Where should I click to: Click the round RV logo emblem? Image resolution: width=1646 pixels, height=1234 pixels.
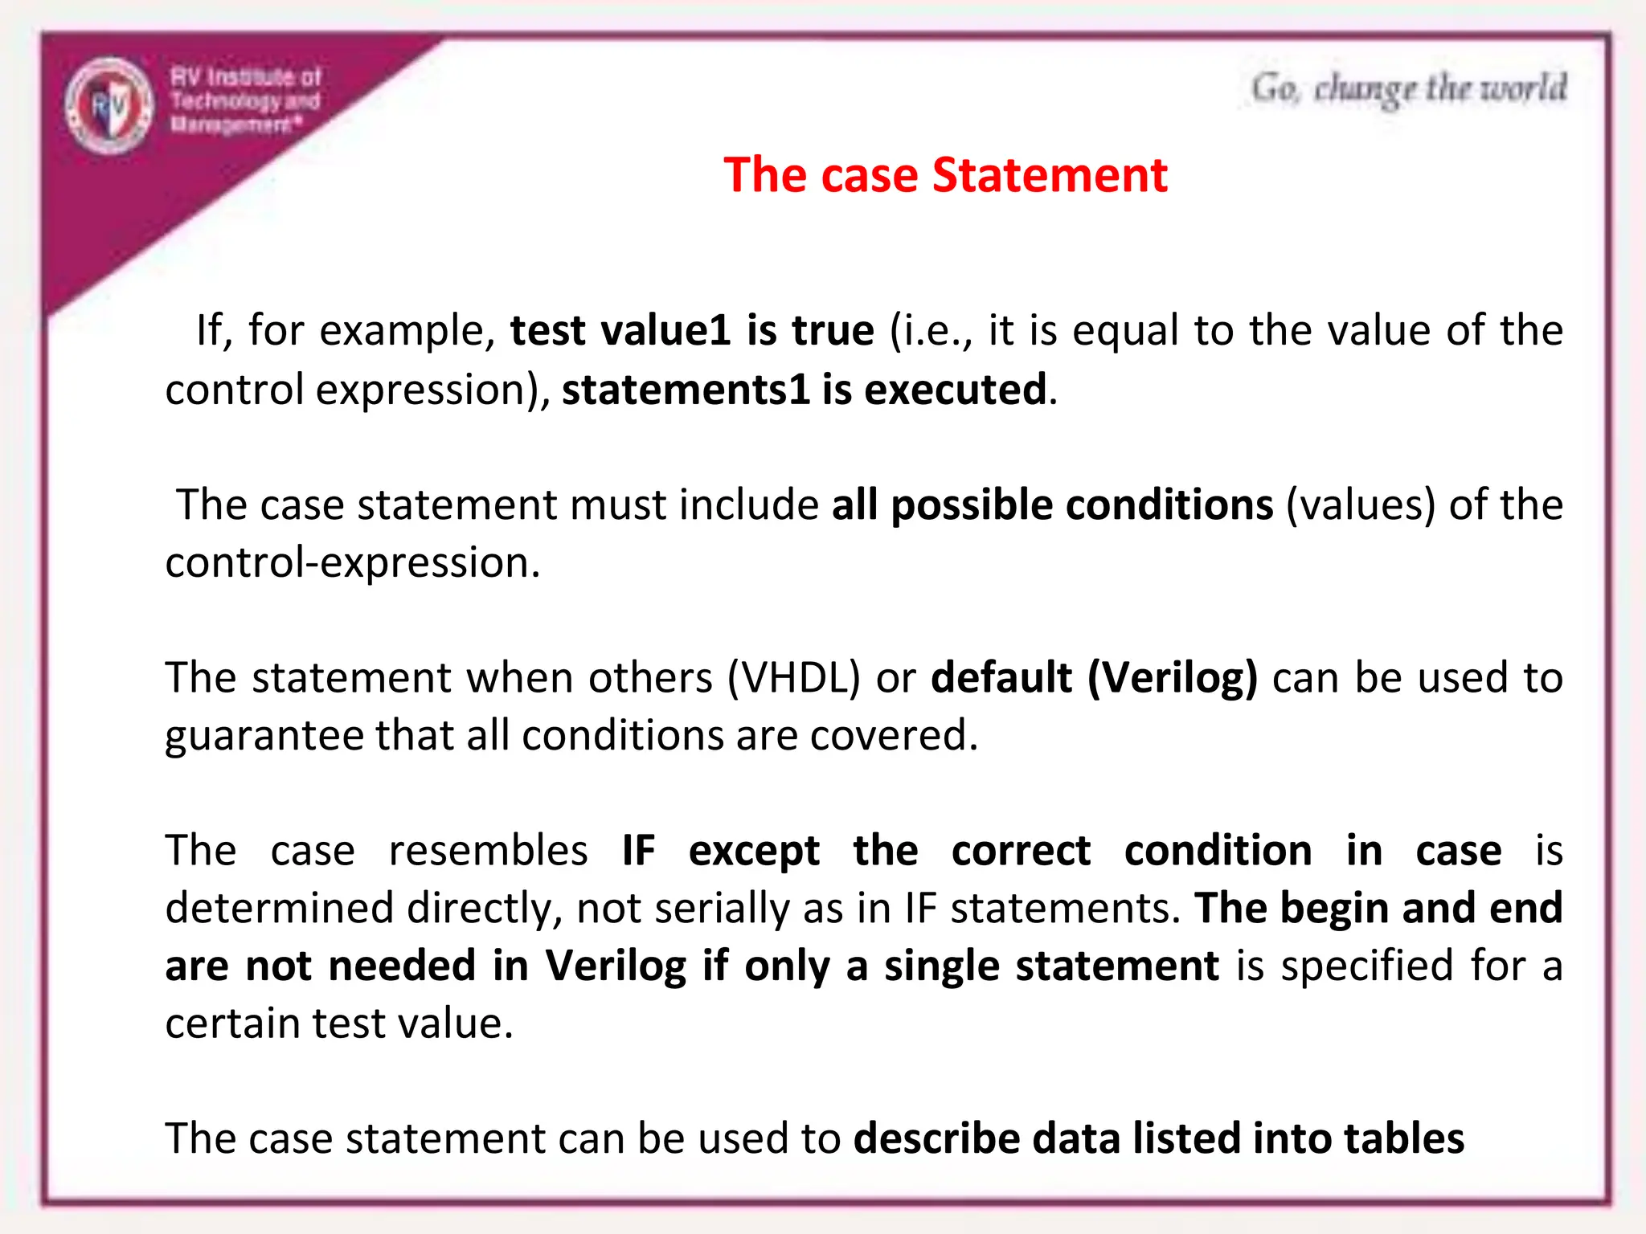pyautogui.click(x=109, y=105)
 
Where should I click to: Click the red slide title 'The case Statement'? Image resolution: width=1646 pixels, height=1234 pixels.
pyautogui.click(x=945, y=175)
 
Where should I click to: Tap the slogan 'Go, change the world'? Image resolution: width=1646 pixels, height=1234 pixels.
pyautogui.click(x=1409, y=88)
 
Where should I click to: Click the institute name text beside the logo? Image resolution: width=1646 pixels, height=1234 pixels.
pyautogui.click(x=245, y=100)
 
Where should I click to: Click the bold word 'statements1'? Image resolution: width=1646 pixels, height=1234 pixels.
pyautogui.click(x=685, y=390)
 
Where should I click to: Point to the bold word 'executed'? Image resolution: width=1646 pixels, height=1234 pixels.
pyautogui.click(x=956, y=390)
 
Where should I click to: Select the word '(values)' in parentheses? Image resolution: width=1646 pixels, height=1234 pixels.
pyautogui.click(x=1361, y=505)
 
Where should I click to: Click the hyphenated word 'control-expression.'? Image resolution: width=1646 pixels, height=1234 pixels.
pyautogui.click(x=353, y=562)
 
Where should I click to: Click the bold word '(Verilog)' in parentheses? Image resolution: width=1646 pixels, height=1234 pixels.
pyautogui.click(x=1173, y=678)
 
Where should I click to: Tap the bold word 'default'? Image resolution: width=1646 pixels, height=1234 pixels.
pyautogui.click(x=1001, y=678)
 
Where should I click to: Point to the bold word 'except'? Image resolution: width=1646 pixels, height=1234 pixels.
pyautogui.click(x=754, y=852)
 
